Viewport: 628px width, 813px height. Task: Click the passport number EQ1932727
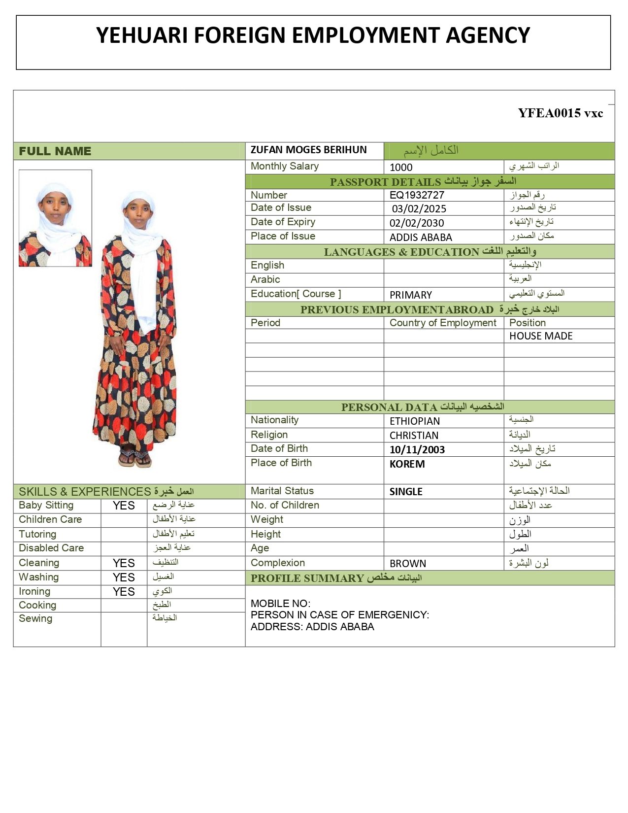(417, 195)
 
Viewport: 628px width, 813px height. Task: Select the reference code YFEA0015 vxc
(560, 113)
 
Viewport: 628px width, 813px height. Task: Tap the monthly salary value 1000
(401, 167)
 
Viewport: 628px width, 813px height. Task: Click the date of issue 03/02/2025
(419, 209)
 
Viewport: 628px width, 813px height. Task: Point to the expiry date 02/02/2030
(417, 223)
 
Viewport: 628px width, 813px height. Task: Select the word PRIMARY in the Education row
(411, 295)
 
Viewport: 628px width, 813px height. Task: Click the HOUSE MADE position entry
(541, 336)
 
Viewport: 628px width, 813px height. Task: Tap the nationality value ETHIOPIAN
(415, 421)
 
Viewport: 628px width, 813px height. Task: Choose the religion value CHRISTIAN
(414, 436)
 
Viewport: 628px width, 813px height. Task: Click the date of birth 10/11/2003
(417, 450)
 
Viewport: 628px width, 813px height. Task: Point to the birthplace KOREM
(407, 464)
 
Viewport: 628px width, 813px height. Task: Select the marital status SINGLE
(406, 492)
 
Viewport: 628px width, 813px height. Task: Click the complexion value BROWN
(408, 564)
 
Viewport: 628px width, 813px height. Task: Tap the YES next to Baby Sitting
(124, 506)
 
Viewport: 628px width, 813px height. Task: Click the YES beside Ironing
(124, 592)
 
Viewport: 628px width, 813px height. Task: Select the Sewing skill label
(35, 618)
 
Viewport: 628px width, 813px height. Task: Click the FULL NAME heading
(55, 151)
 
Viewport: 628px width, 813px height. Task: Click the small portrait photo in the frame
(55, 218)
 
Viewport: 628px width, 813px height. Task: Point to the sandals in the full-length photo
(135, 458)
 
